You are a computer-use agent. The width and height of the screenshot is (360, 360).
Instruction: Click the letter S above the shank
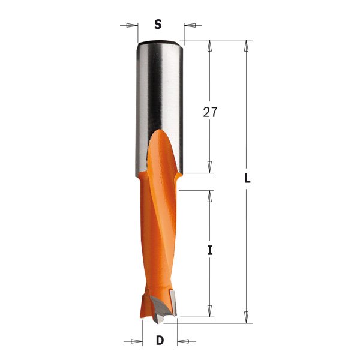click(x=158, y=25)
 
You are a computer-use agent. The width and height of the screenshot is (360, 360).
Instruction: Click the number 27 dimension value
click(x=210, y=113)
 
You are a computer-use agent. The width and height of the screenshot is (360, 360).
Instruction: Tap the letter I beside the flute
click(x=210, y=251)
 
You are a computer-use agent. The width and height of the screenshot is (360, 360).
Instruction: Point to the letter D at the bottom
click(x=160, y=341)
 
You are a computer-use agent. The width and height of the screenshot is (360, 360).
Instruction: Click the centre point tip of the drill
click(x=157, y=320)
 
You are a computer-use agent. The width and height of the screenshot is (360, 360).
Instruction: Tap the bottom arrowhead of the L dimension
click(x=247, y=318)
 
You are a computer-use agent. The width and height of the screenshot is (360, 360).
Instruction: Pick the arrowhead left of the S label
click(x=133, y=25)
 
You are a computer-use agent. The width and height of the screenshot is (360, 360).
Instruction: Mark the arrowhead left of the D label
click(x=137, y=341)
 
